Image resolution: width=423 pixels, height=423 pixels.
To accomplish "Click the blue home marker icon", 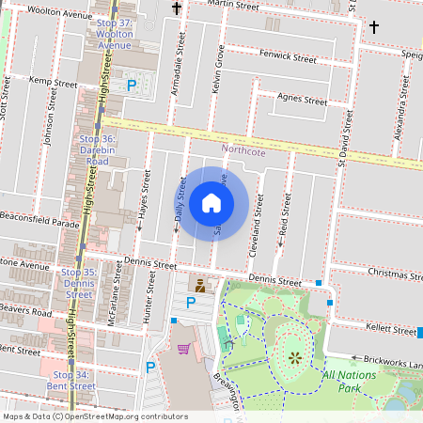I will [x=211, y=202].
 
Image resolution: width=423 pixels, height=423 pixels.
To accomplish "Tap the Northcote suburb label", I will [x=243, y=149].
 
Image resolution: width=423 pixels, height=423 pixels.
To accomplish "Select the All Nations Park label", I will [x=353, y=381].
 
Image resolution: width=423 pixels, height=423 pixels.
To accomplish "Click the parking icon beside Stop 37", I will [x=132, y=85].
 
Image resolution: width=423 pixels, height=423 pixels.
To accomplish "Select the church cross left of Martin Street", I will [x=177, y=8].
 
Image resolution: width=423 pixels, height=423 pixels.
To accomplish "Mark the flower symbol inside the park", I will [x=295, y=356].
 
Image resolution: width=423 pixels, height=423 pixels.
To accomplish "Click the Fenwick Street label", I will [x=288, y=58].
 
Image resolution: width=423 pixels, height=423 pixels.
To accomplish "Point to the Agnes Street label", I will [x=300, y=100].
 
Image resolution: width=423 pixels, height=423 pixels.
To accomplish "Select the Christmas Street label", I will [x=391, y=272].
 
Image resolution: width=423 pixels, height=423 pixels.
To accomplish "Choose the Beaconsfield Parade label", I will [x=39, y=224].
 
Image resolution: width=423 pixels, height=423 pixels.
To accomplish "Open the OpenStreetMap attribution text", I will [x=95, y=415].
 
